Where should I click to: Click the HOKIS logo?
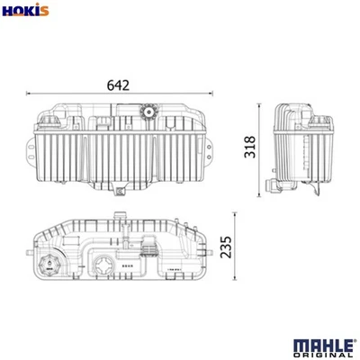click(26, 11)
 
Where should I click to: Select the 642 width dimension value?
click(119, 85)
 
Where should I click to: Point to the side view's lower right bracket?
click(317, 190)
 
